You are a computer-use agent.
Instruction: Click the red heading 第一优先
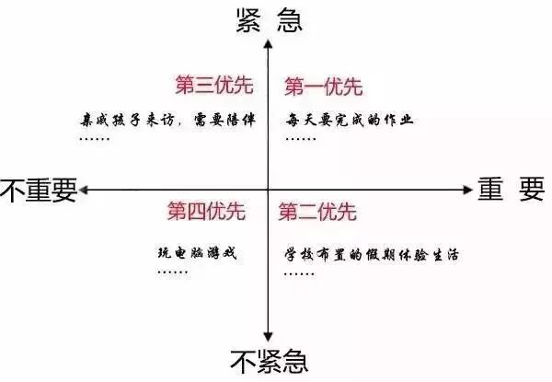(x=323, y=87)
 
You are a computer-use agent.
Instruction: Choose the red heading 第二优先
(x=316, y=213)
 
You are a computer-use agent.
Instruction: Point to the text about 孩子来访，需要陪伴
(x=166, y=121)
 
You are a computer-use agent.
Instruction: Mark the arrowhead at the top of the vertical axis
(x=266, y=43)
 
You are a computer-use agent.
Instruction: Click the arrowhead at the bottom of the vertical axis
(x=266, y=338)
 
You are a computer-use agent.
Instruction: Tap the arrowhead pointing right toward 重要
(x=464, y=190)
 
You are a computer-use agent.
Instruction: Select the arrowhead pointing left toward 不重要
(x=85, y=190)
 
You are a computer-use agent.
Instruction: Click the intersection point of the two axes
(x=266, y=190)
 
